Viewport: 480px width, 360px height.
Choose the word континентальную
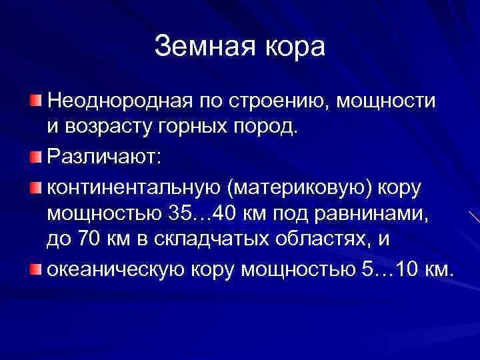[134, 189]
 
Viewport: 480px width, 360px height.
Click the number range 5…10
[388, 271]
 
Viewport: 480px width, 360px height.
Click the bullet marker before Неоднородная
[35, 100]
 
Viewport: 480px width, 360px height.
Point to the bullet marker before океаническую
[35, 270]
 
